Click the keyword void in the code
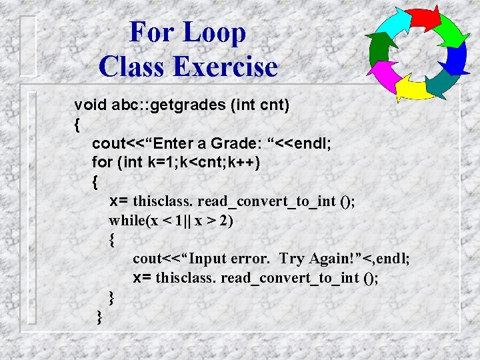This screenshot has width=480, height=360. pos(90,105)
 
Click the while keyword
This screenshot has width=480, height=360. pos(131,221)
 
